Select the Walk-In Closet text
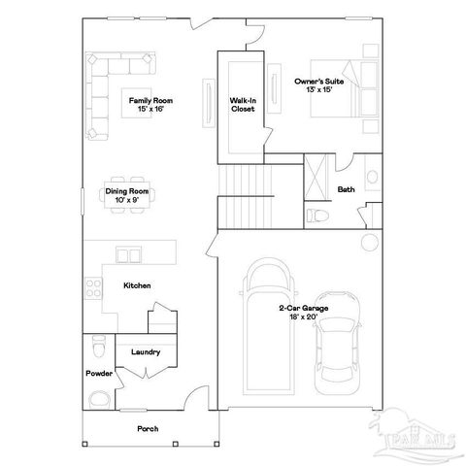[242, 105]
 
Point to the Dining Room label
[126, 195]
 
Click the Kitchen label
[136, 285]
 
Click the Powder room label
[98, 374]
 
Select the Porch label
[148, 428]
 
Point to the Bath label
[346, 189]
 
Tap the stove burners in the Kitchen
[95, 287]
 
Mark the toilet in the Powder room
[96, 345]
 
